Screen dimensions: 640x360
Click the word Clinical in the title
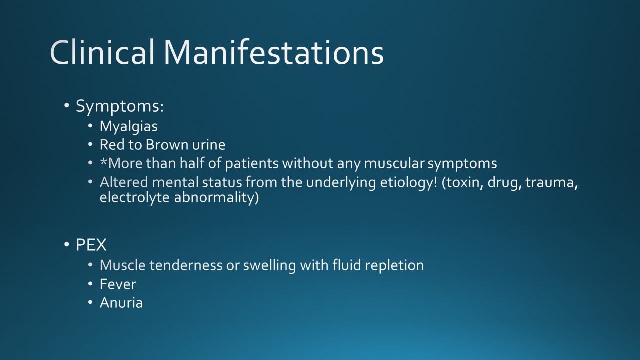click(102, 52)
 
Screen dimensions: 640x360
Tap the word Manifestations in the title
click(274, 52)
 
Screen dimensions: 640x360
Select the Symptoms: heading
click(120, 107)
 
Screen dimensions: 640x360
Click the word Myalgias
click(129, 126)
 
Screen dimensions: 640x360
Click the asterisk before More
click(103, 161)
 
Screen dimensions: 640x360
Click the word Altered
click(124, 182)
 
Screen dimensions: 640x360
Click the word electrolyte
click(135, 197)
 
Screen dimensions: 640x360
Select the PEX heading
click(91, 245)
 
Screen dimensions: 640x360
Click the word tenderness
click(186, 265)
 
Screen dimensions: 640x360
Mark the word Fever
click(118, 284)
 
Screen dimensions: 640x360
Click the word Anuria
click(121, 303)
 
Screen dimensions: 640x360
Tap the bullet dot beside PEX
click(67, 245)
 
